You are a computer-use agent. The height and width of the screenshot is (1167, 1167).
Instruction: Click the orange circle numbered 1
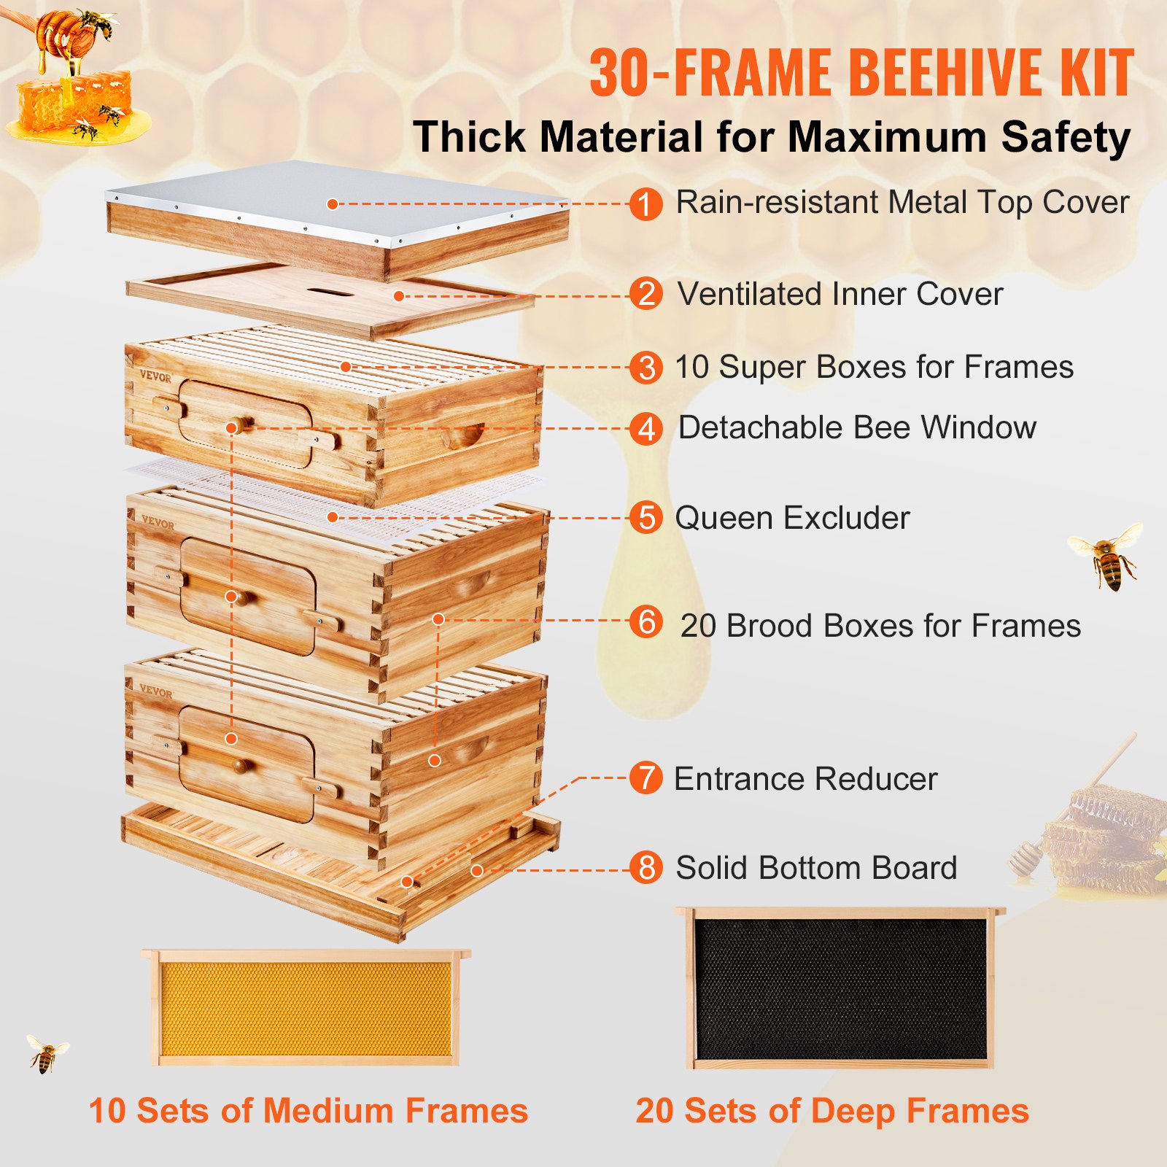(x=645, y=203)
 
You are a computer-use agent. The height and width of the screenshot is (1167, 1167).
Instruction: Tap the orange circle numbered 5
(x=645, y=518)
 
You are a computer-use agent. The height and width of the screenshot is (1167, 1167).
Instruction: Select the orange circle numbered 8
(x=645, y=868)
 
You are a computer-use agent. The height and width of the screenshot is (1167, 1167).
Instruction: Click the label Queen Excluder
(x=792, y=518)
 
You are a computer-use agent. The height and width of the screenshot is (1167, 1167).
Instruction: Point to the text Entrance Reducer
(x=805, y=779)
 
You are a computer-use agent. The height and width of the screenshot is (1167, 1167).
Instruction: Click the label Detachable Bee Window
(x=857, y=427)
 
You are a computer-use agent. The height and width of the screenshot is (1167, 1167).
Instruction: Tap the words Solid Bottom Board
(x=816, y=868)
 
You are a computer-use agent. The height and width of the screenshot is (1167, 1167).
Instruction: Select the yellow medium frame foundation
(x=306, y=1009)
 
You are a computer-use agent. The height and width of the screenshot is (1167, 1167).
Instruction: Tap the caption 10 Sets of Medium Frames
(x=308, y=1111)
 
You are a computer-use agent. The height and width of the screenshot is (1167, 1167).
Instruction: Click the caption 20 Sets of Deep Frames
(x=832, y=1111)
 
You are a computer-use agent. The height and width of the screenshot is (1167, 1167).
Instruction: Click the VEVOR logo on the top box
(x=155, y=377)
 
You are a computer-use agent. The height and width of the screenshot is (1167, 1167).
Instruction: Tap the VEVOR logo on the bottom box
(x=155, y=691)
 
